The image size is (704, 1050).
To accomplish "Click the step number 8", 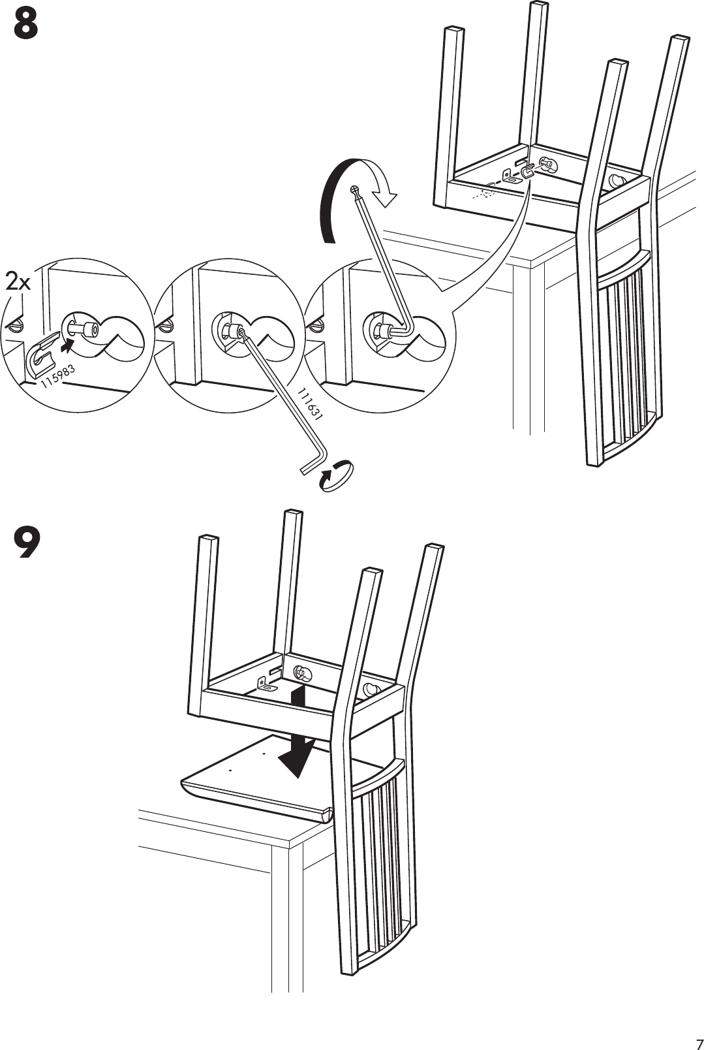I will point(25,27).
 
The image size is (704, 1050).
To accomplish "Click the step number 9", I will point(26,545).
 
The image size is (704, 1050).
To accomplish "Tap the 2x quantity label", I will point(18,283).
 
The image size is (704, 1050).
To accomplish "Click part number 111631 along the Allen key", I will point(310,403).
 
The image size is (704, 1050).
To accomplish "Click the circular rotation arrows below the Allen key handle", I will point(336,474).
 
